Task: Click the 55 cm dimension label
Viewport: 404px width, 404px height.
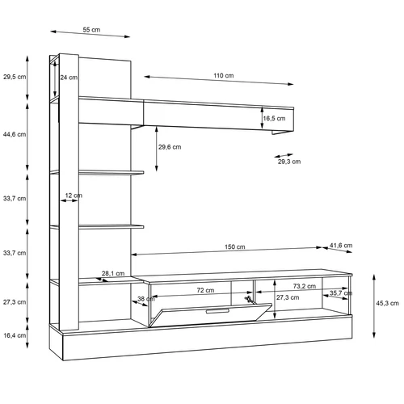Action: [91, 30]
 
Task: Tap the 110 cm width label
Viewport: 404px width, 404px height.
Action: [224, 76]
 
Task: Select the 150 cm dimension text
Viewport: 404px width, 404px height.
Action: [235, 246]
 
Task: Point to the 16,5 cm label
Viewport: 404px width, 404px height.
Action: [274, 118]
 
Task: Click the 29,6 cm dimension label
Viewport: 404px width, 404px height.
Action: [170, 147]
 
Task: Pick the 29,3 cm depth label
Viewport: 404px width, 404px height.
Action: [289, 162]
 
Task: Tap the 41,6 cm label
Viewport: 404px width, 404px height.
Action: [341, 246]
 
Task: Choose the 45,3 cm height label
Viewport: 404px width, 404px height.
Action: [387, 303]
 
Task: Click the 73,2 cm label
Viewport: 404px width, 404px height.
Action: [305, 286]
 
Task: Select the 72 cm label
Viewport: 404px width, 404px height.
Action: [205, 290]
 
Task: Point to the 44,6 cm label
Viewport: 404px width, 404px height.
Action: [15, 134]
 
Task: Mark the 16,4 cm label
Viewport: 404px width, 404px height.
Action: [15, 335]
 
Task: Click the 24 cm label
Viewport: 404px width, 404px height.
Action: [69, 78]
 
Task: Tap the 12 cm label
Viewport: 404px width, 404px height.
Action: [74, 196]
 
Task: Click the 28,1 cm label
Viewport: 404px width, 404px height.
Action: [113, 273]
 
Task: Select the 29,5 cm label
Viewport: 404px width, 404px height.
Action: [15, 77]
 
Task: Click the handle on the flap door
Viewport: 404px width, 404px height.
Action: [217, 311]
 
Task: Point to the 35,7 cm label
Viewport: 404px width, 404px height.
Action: [341, 293]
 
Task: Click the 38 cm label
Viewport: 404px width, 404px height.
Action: [146, 299]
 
